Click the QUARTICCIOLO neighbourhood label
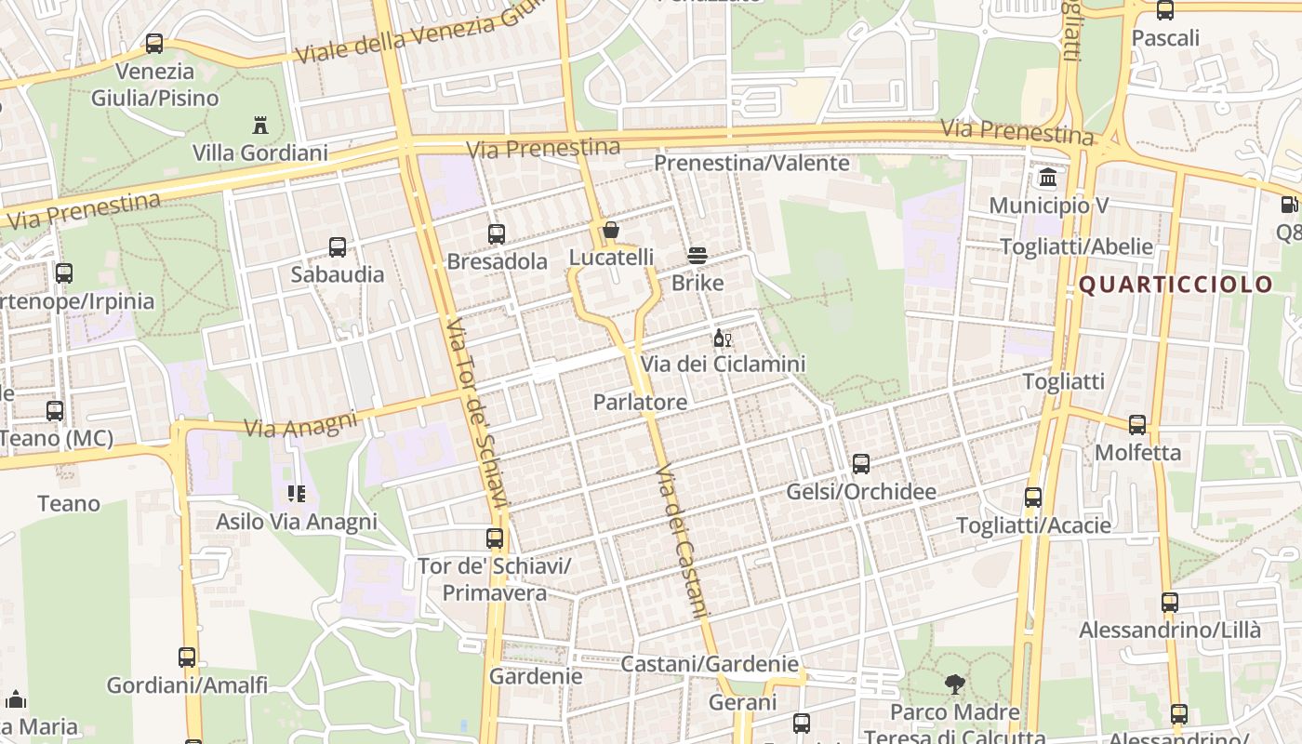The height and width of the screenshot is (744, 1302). (x=1176, y=285)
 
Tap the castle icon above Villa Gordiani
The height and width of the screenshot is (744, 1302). (x=259, y=125)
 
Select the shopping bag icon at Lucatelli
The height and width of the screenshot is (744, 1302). (x=611, y=230)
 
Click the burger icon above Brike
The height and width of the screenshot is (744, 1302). (x=697, y=256)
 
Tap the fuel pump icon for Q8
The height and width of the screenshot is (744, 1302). (x=1289, y=205)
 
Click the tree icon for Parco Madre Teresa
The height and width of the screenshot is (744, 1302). (x=954, y=684)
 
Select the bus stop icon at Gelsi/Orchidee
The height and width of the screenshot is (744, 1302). (x=861, y=463)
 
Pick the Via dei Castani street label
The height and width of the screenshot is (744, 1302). (x=683, y=541)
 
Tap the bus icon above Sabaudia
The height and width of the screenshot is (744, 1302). (x=338, y=246)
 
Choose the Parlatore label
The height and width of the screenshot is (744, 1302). (x=641, y=402)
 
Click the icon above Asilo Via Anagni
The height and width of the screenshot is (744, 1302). (x=297, y=493)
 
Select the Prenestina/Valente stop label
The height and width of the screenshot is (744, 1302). (x=751, y=163)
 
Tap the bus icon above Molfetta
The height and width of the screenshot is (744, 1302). (x=1137, y=425)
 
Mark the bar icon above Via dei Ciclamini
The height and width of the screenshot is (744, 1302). (x=722, y=338)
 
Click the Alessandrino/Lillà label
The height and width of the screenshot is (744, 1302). (x=1170, y=630)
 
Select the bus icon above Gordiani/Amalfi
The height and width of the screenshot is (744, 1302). (x=187, y=658)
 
